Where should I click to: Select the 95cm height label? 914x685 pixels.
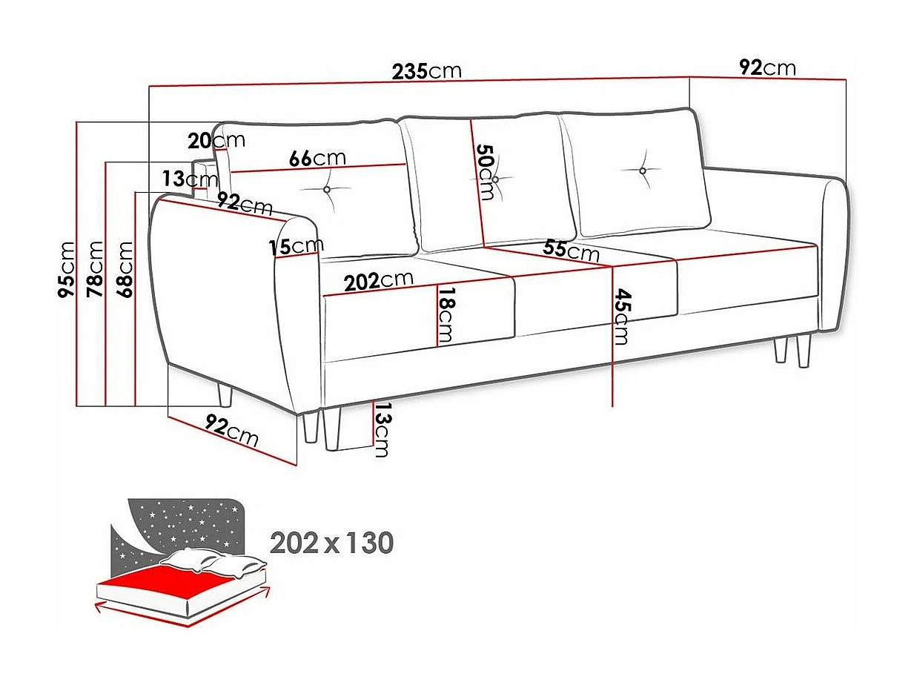tap(67, 269)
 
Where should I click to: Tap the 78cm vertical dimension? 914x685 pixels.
tap(95, 269)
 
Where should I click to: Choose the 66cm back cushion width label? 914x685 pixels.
tap(317, 158)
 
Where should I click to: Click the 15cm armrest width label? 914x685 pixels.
tap(297, 246)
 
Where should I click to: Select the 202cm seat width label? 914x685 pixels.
tap(378, 280)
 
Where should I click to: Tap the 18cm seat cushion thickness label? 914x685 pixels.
tap(445, 316)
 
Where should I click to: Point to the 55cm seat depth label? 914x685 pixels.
tap(571, 250)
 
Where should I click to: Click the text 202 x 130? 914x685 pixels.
tap(331, 543)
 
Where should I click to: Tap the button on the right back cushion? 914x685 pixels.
tap(643, 171)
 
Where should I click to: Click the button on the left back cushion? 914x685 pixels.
tap(328, 190)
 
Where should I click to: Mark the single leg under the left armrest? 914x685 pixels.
tap(225, 395)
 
